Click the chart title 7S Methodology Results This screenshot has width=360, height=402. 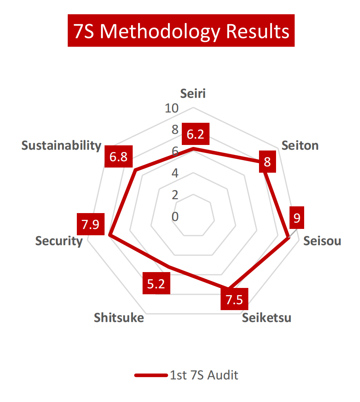181,31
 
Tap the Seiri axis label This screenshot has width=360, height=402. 193,93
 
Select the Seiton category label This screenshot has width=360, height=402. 300,145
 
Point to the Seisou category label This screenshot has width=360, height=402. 322,241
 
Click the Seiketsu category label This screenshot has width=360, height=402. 267,318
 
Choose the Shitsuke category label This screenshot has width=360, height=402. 119,318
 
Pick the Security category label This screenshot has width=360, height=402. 59,241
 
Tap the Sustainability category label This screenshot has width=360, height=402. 61,145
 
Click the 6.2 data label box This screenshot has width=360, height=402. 195,135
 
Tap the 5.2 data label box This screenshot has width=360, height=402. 156,284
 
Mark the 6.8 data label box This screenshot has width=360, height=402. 118,157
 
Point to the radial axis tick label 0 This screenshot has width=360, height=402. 175,217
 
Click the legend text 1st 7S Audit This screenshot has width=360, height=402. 204,375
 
